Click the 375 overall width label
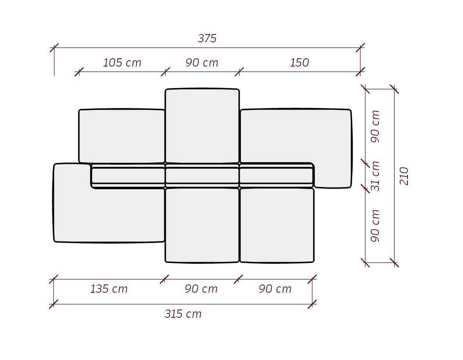click(207, 38)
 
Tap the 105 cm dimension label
click(122, 63)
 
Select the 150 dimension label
click(299, 63)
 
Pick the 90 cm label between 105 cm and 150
click(202, 63)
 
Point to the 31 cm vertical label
click(375, 176)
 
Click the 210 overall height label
click(404, 176)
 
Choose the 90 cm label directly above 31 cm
click(375, 126)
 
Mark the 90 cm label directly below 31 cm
click(375, 226)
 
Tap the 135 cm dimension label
click(109, 289)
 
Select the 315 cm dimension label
click(183, 313)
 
